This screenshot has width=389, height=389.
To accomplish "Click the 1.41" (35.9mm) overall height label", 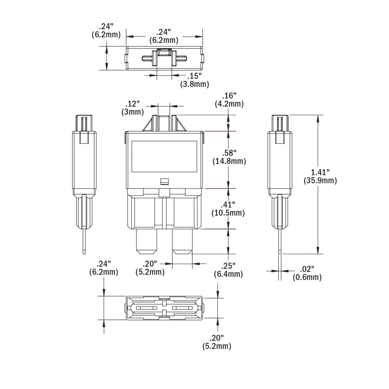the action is pos(320,176).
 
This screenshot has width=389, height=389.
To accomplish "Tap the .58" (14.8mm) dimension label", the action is pos(229,157).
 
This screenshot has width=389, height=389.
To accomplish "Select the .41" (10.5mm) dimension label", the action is pos(228,209).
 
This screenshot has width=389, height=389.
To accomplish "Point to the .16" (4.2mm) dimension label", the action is pos(229,100).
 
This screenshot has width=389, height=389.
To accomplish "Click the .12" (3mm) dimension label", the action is pos(133,108).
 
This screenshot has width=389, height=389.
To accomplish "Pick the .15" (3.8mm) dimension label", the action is pos(195,80).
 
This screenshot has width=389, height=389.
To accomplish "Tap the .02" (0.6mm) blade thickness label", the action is pos(307,273).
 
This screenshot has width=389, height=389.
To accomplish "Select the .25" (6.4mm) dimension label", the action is pos(229,270).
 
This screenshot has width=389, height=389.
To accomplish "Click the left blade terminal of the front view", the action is pos(147,241).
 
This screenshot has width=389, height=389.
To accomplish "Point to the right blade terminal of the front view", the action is pos(182,241).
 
